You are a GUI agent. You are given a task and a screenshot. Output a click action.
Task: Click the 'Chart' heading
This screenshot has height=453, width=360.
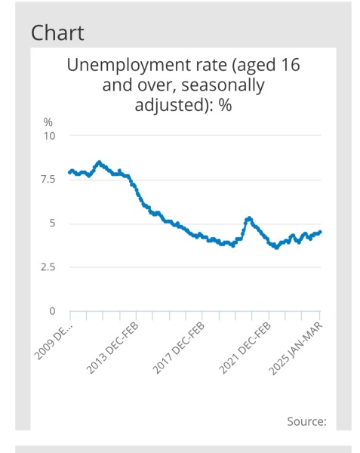click(57, 33)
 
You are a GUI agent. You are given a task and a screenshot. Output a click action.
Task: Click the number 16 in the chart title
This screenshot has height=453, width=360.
click(288, 65)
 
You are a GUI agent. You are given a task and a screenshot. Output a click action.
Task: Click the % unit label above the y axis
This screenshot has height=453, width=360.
click(48, 122)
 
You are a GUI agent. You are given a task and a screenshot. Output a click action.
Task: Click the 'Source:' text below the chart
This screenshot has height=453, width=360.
click(306, 421)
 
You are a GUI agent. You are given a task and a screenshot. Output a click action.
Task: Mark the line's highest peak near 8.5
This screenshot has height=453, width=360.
click(99, 162)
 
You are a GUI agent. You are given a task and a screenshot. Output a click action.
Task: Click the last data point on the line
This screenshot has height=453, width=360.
click(320, 233)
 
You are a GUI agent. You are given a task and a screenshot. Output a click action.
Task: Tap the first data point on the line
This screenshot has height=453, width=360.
click(69, 173)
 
